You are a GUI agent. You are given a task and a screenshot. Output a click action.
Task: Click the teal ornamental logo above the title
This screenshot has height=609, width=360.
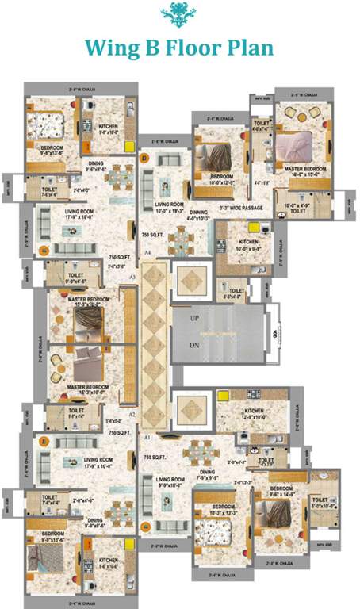click(x=180, y=13)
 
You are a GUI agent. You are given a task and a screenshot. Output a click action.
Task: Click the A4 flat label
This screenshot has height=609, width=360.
click(x=147, y=251)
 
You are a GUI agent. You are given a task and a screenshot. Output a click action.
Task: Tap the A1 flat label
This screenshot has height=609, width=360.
click(x=147, y=437)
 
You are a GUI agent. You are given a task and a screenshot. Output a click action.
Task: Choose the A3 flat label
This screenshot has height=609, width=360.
click(x=132, y=276)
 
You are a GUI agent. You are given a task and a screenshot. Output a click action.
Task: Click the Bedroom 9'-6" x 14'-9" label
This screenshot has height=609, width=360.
click(x=282, y=491)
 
